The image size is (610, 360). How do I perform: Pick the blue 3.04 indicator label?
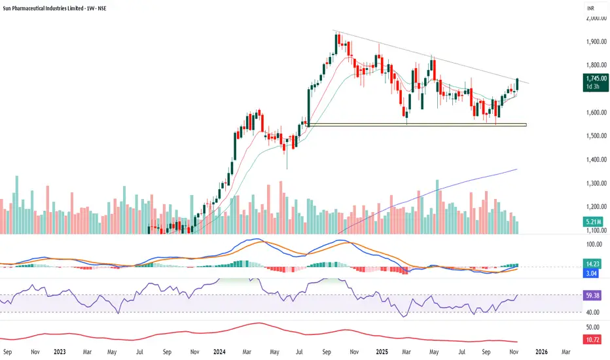tap(593, 274)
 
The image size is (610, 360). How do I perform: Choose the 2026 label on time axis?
tap(541, 351)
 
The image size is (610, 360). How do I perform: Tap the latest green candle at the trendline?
tap(517, 84)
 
